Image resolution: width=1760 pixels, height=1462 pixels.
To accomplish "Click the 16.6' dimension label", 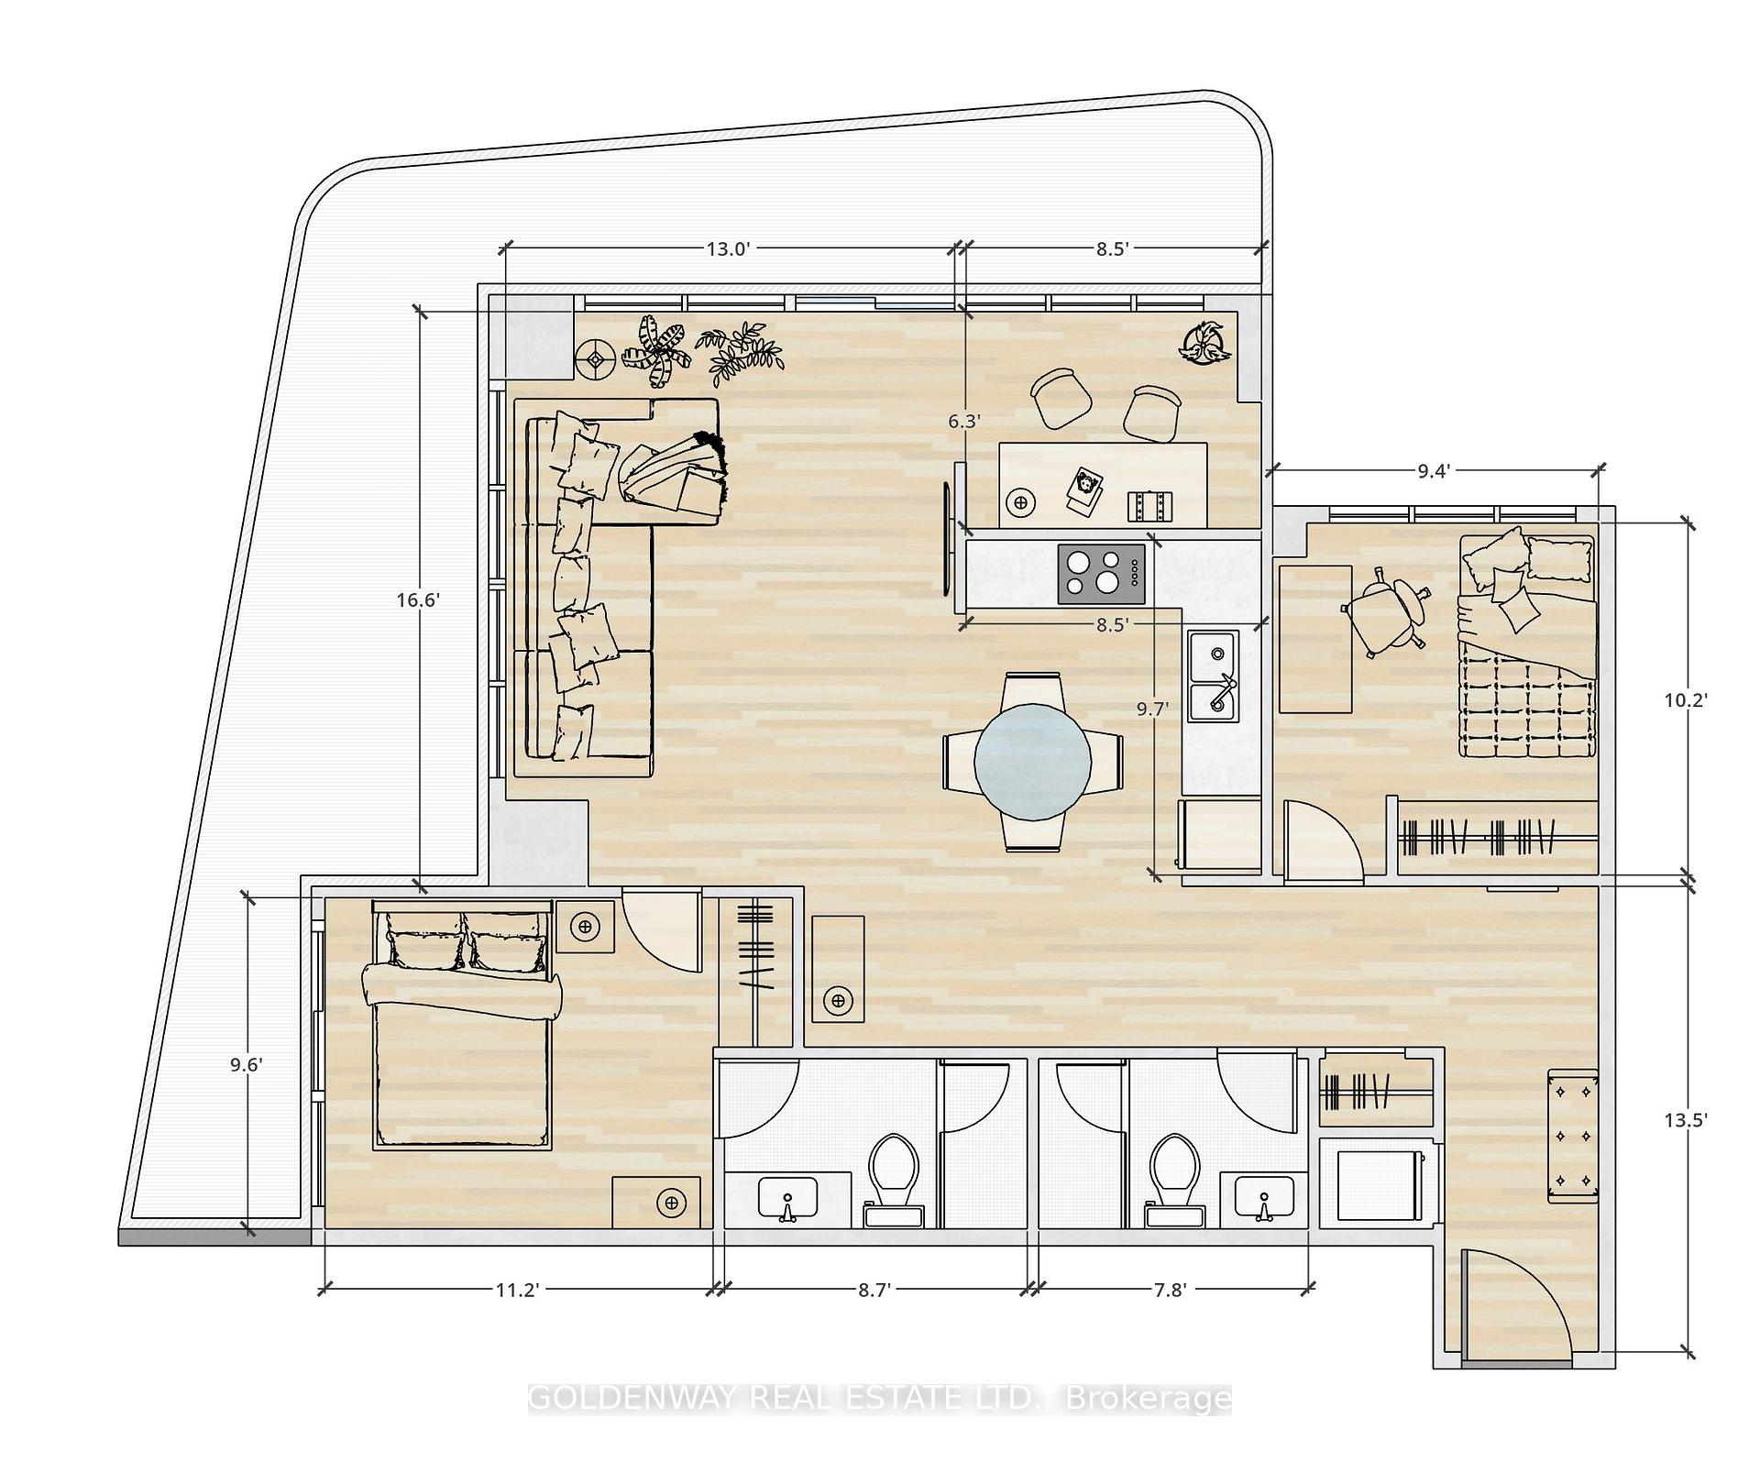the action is tap(419, 600).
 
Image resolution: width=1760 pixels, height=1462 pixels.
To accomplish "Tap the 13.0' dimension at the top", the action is tap(729, 248).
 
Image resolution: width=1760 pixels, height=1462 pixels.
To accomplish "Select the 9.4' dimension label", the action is tap(1434, 471).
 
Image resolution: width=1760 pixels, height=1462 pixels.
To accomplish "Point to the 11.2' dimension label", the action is tap(516, 1290).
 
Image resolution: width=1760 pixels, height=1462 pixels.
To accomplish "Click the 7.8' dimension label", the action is tap(1170, 1290).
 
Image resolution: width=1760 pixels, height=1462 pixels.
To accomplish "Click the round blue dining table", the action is tap(1033, 760).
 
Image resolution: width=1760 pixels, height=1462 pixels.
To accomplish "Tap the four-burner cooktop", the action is tap(1102, 574).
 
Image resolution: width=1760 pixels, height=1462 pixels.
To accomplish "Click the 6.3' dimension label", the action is tap(964, 421).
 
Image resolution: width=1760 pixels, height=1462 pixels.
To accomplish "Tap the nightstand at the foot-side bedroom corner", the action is tap(656, 1202).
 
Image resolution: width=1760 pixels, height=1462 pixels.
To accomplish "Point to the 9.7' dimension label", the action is tap(1152, 709).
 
